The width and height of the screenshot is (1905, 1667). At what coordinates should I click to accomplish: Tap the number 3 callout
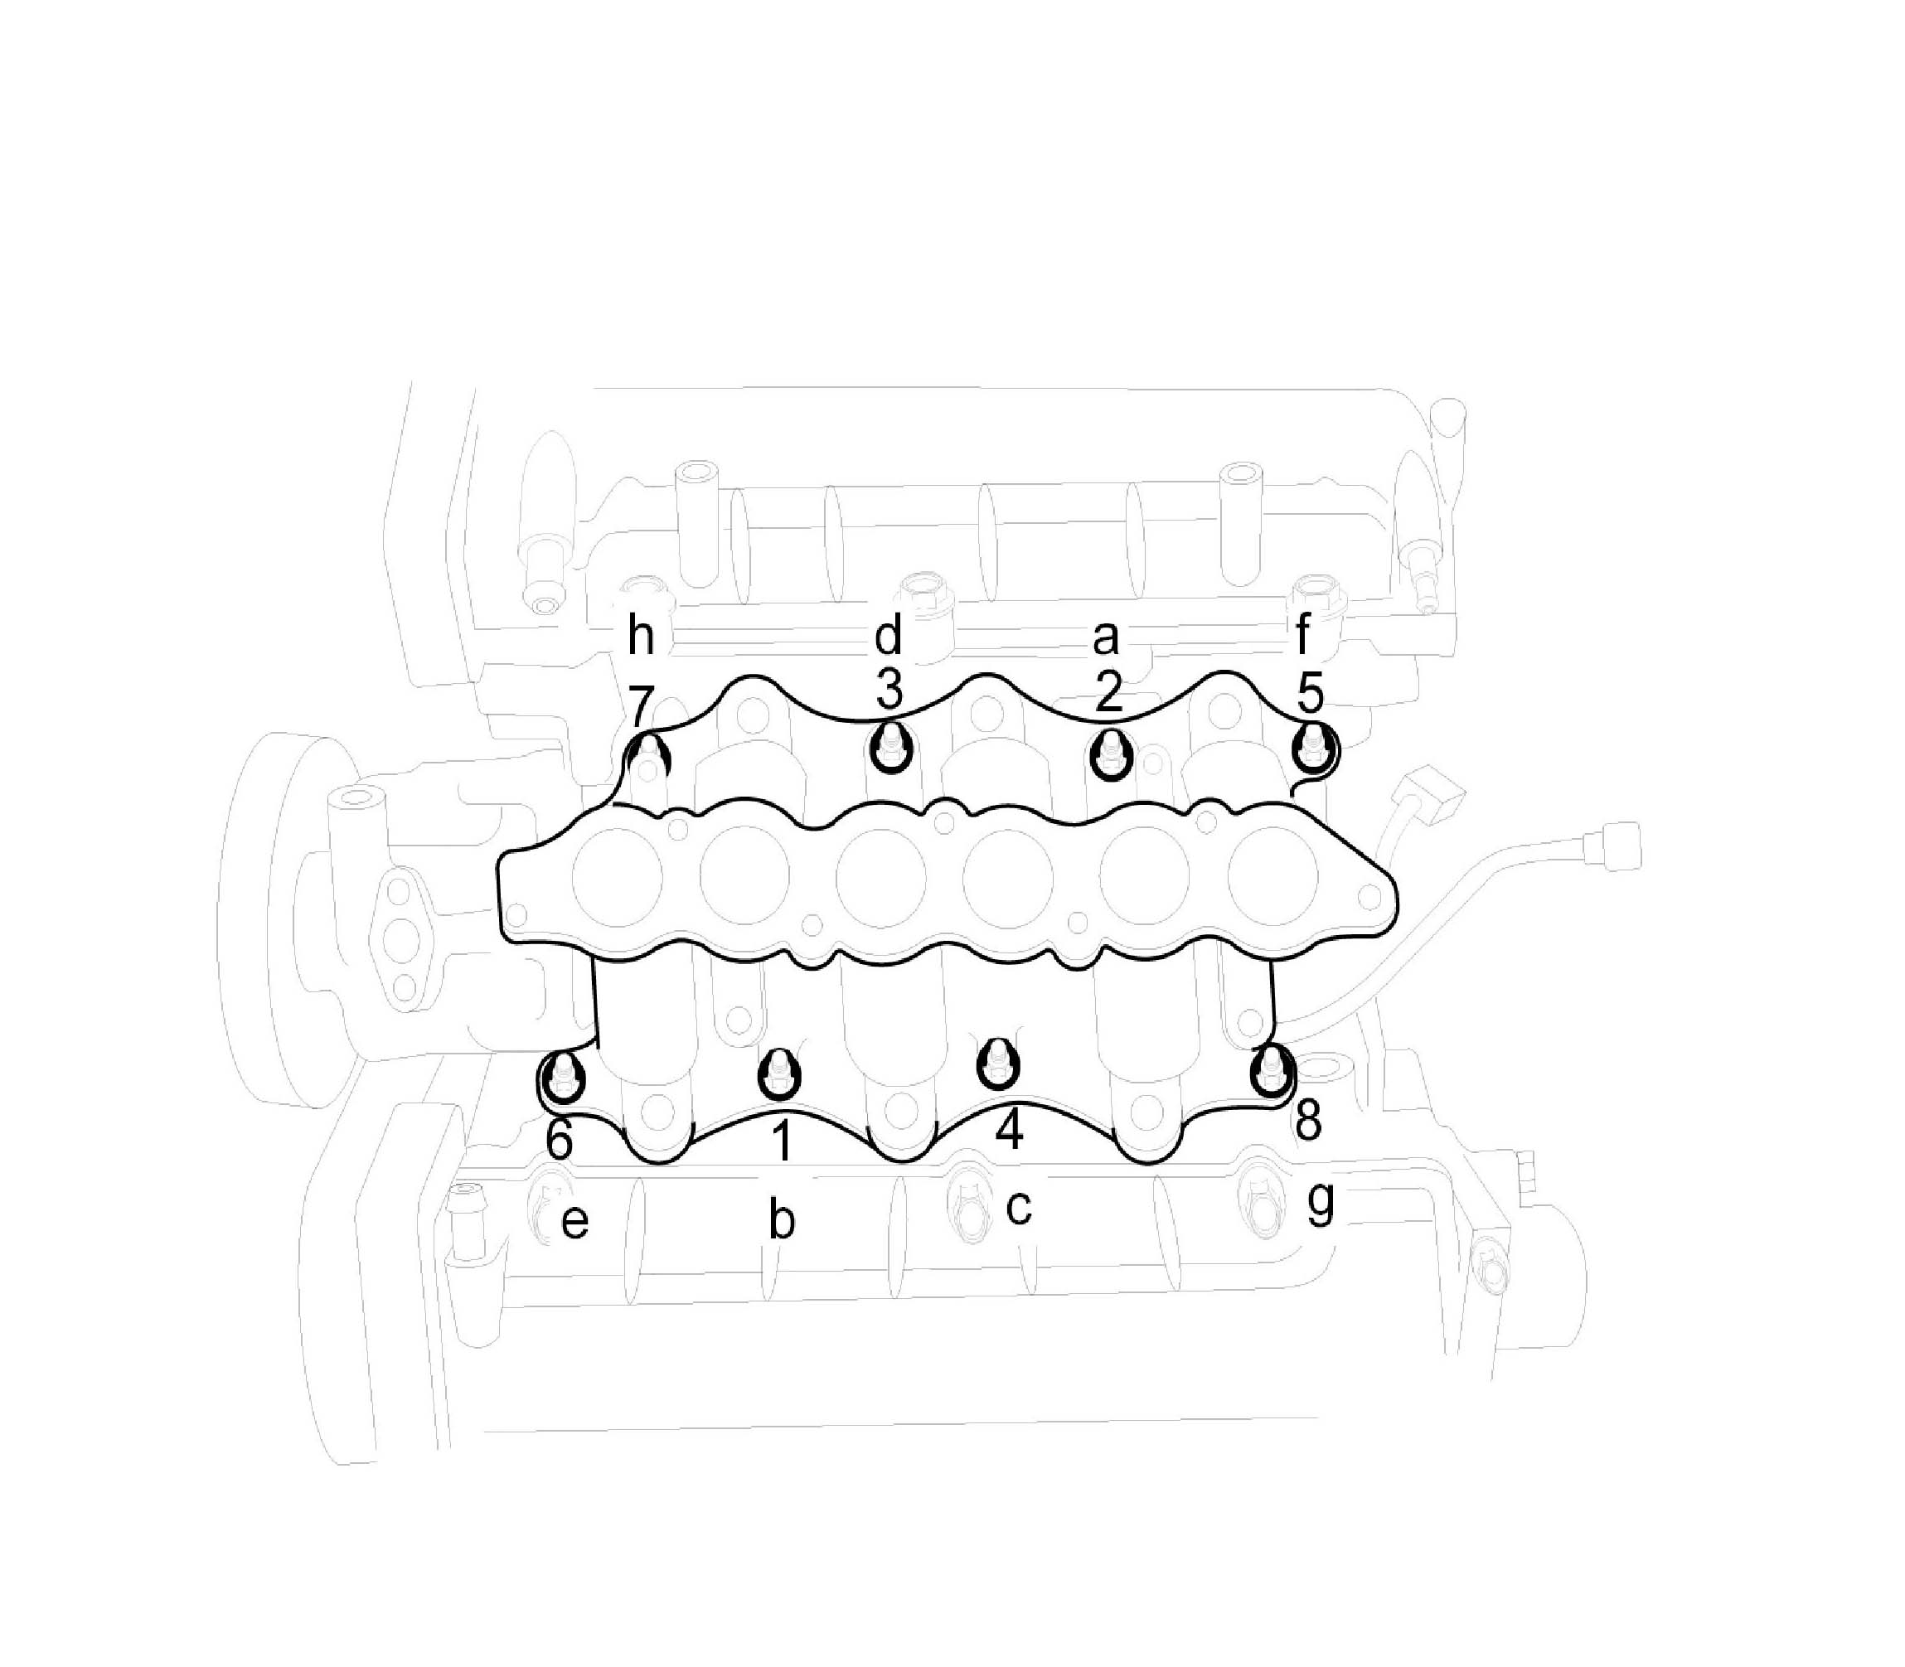click(x=889, y=691)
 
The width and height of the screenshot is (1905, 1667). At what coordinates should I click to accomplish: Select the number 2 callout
click(x=1107, y=693)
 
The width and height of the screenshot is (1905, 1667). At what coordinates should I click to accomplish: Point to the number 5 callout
click(x=1310, y=692)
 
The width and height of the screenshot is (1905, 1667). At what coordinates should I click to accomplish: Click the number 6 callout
click(x=559, y=1140)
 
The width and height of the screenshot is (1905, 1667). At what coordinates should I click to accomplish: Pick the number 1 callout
click(x=783, y=1141)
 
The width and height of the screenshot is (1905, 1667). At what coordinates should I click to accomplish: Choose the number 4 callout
click(x=1009, y=1130)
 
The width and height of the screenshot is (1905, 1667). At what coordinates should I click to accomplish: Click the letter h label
click(x=641, y=637)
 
